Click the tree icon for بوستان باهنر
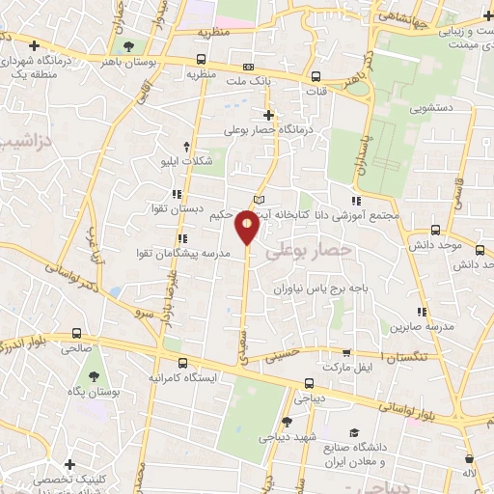[128, 44]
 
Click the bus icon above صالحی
[75, 333]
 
